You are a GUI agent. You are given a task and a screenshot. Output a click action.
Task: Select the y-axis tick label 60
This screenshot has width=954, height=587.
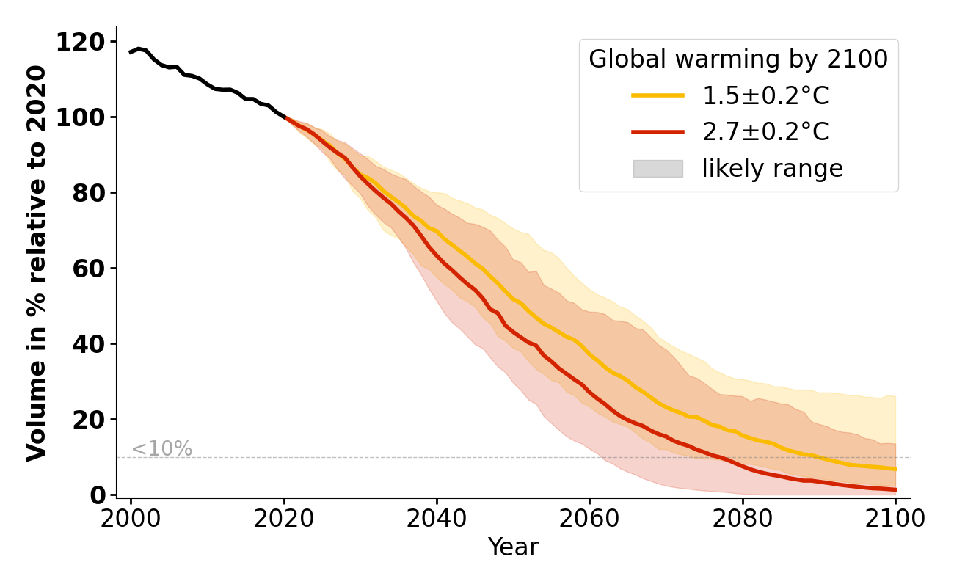pos(90,269)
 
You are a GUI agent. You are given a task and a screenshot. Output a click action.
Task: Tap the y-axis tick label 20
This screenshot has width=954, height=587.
pos(90,420)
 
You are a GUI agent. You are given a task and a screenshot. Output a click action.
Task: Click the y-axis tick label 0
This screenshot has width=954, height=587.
pos(98,496)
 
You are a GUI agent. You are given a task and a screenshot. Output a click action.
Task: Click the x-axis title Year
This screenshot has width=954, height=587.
pos(513,547)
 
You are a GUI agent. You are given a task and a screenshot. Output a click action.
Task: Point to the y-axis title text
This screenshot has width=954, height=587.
pos(37,263)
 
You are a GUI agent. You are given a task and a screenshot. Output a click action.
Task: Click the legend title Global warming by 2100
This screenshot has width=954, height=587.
pos(738,59)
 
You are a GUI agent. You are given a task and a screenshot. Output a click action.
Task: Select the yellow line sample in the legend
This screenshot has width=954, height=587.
pos(658,95)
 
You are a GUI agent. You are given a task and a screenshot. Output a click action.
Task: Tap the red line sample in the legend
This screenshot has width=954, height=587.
pos(658,132)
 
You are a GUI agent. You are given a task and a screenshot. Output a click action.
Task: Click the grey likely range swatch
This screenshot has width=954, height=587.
pos(658,169)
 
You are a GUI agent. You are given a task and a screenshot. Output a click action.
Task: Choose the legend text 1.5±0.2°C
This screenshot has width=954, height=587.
pos(765,95)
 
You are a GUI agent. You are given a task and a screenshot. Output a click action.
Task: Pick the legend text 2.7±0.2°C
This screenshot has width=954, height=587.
pos(765,132)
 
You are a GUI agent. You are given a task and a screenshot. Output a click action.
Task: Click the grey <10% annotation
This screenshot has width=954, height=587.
pos(161,449)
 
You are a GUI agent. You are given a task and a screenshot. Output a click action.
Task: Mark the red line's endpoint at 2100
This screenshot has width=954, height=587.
pos(895,489)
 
